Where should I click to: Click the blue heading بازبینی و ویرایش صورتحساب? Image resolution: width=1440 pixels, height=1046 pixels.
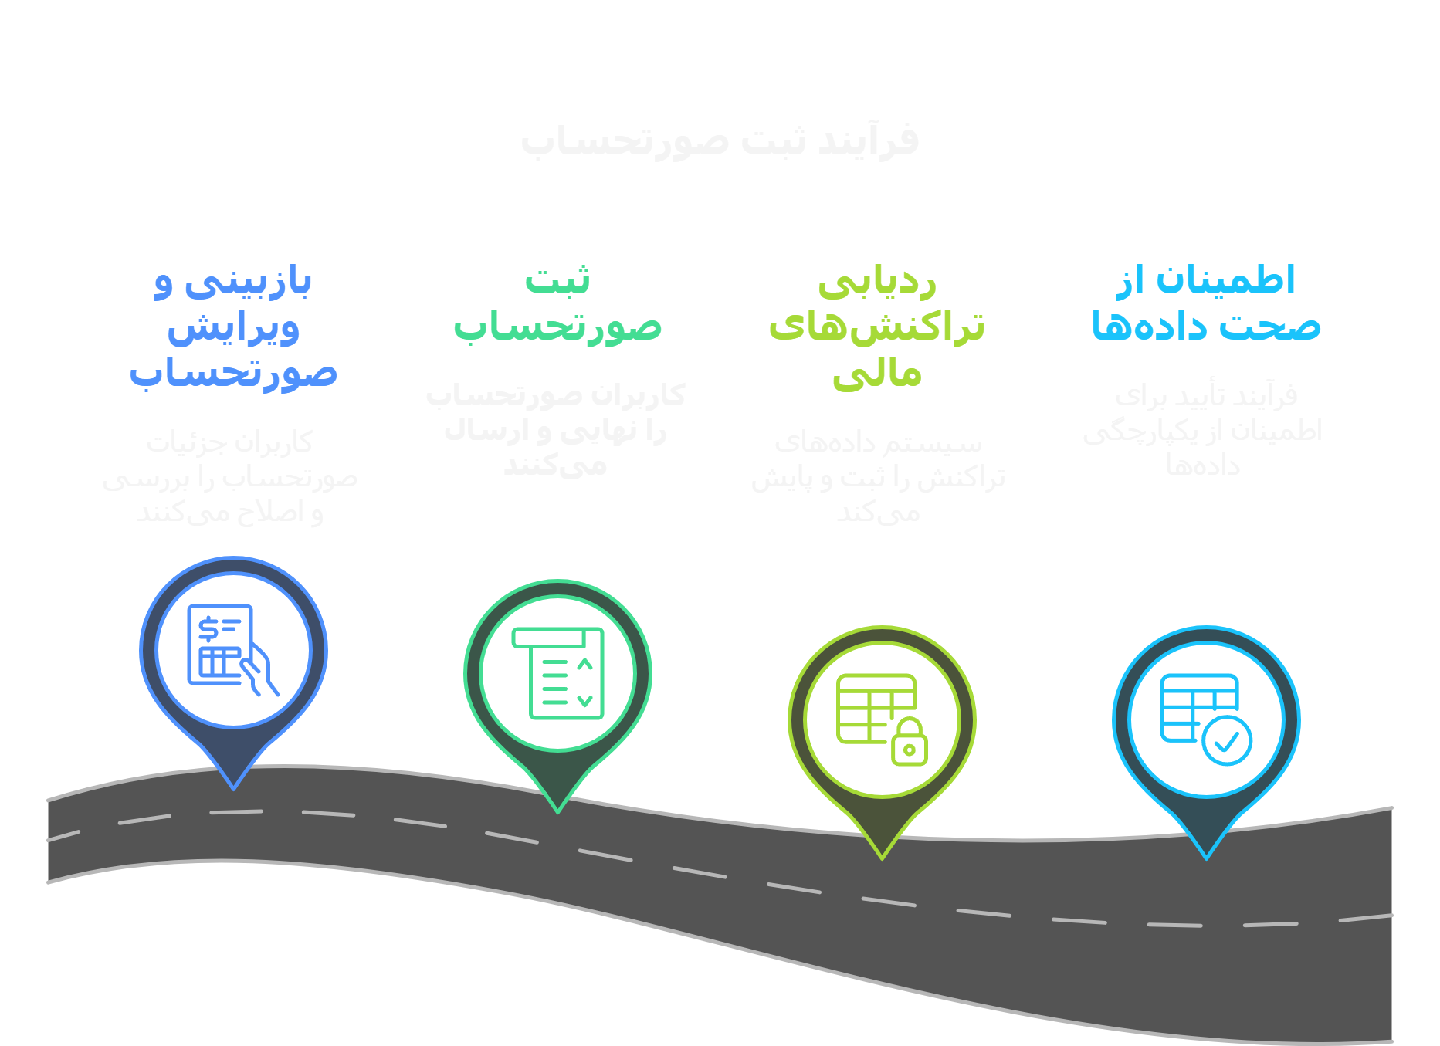[x=233, y=327]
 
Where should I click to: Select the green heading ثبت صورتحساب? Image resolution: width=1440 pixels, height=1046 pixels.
[x=557, y=304]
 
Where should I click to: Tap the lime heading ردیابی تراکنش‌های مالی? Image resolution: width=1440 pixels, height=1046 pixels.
[x=877, y=327]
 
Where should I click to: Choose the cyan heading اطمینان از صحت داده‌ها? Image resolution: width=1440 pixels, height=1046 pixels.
[x=1206, y=304]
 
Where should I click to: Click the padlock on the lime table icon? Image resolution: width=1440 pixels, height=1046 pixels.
[x=910, y=743]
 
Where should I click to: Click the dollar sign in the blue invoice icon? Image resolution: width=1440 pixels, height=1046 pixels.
[x=208, y=628]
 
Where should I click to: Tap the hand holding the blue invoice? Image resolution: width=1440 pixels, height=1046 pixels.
[x=261, y=672]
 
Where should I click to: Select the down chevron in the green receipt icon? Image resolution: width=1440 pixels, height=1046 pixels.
[x=584, y=701]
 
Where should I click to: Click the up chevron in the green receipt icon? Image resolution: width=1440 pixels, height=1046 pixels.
[x=584, y=664]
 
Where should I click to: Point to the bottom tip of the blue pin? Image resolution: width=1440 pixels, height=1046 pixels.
[x=233, y=787]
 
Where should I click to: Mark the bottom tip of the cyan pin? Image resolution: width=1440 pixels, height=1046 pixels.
[x=1206, y=857]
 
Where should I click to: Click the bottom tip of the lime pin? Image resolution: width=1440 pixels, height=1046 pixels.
[x=882, y=857]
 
